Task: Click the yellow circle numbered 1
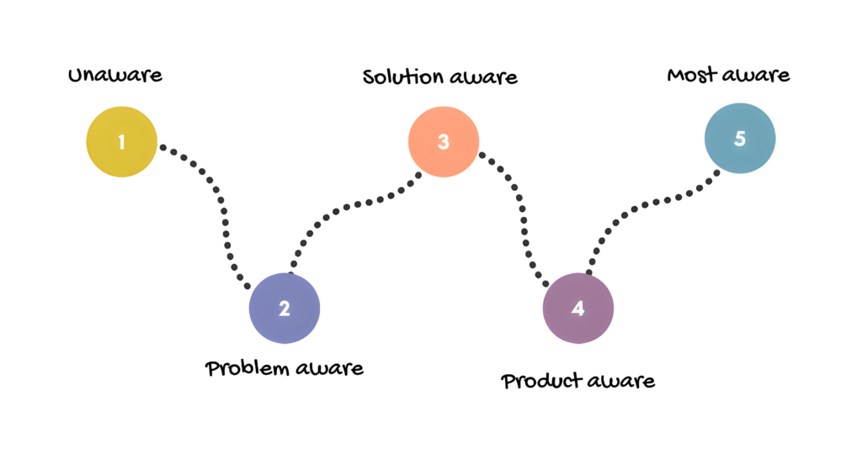(x=122, y=141)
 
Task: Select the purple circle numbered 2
(x=285, y=308)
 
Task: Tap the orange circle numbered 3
(x=444, y=141)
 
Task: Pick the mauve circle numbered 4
(x=577, y=309)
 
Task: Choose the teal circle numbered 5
(x=739, y=139)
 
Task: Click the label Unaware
(x=114, y=75)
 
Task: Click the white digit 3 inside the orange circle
(x=444, y=142)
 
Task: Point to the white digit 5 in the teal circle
(x=740, y=139)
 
